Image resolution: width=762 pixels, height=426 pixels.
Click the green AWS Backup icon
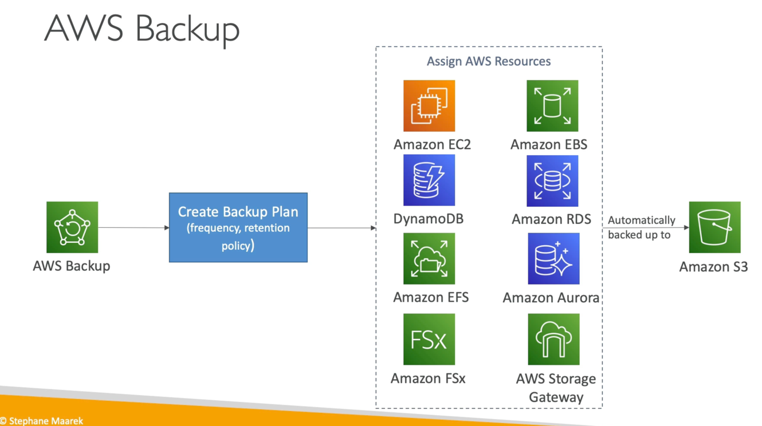coord(72,227)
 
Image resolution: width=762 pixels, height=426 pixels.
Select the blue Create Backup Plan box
coord(238,227)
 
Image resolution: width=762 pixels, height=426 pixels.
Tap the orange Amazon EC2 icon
coord(429,106)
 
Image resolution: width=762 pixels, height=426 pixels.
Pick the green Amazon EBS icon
coord(552,106)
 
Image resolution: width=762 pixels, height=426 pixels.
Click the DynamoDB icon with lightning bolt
coord(429,180)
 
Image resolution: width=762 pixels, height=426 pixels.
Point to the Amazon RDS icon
coord(552,181)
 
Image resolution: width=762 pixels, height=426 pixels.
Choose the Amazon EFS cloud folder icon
coord(429,258)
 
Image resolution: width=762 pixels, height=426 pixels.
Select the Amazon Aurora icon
coord(553,258)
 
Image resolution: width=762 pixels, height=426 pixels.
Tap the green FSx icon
coord(429,339)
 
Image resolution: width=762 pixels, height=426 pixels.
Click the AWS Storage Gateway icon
coord(553,339)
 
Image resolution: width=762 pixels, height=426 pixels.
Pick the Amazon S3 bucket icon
coord(714,227)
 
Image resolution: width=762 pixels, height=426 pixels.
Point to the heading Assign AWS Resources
coord(489,61)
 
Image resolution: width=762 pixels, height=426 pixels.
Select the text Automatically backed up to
coord(641,227)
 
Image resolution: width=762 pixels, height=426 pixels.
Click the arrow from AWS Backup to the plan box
coord(133,228)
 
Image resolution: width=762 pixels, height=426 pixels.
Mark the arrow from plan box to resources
coord(341,228)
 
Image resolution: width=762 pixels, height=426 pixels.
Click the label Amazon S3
coord(713,266)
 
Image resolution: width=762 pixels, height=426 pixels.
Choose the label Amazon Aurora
coord(551,298)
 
